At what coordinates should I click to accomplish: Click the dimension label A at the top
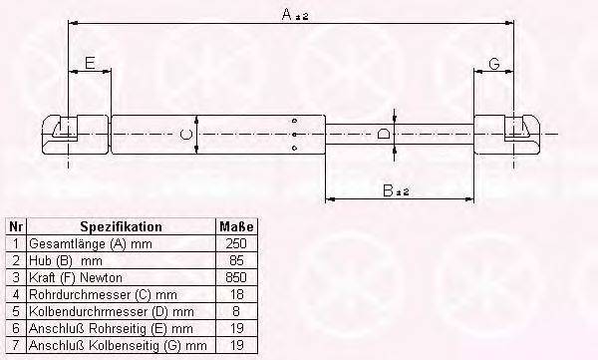[287, 14]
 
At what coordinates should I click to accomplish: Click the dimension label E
[90, 64]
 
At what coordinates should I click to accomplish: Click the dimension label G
[493, 65]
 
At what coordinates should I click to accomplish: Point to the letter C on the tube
[183, 134]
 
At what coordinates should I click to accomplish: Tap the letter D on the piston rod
[384, 134]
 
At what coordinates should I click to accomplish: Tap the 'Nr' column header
[15, 226]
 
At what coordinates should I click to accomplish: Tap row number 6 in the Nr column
[15, 328]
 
